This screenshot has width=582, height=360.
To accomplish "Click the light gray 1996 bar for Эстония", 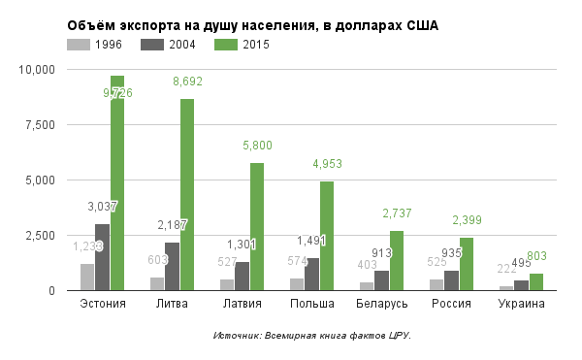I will (87, 277).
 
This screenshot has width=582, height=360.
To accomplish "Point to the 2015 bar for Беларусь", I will (397, 260).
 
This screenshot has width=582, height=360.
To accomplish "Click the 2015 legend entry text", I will (256, 45).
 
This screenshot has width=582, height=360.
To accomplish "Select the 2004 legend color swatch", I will (151, 45).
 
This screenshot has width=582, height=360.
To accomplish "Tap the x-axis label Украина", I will (521, 305).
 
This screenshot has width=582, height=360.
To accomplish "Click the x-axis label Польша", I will (311, 305).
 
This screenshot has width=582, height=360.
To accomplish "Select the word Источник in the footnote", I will (235, 336).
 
